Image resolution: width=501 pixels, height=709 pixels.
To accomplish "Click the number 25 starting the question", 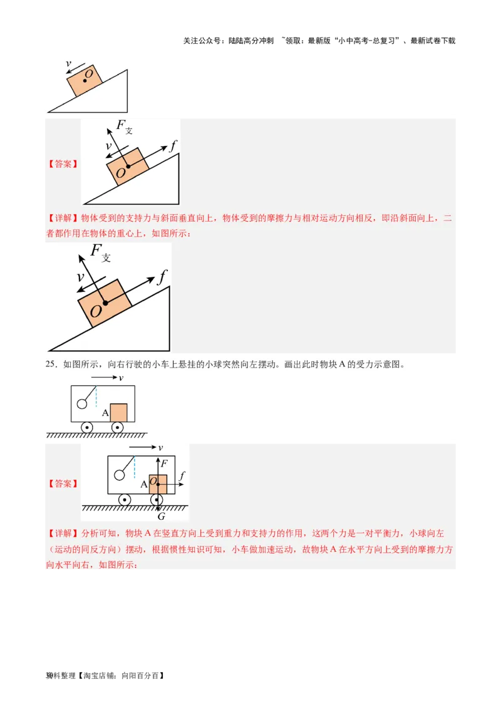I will coord(51,365).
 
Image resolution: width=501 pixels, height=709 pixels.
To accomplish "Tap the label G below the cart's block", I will coord(161,516).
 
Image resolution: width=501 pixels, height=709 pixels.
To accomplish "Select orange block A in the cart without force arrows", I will coord(118,413).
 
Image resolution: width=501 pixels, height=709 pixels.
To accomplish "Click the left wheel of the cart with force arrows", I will coord(125,500).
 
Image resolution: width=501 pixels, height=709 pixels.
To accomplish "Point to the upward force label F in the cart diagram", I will coord(164,464).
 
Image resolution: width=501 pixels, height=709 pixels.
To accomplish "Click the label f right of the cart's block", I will coord(182,476).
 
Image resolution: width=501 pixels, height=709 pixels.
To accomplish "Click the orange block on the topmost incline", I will coord(85,80).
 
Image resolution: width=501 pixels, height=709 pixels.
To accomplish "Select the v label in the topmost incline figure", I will coord(68,63).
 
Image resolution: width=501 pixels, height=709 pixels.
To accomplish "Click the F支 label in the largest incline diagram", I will coord(101,252).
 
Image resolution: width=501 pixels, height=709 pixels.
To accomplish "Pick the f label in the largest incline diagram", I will coord(162,276).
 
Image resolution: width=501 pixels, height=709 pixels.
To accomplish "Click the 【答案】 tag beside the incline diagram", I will coord(63,164).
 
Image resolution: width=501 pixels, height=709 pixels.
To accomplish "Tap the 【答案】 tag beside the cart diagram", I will coord(63,484).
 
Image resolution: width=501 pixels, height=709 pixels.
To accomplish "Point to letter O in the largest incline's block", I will coord(95,311).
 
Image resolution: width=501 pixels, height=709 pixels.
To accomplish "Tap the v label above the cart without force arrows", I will coord(121,378).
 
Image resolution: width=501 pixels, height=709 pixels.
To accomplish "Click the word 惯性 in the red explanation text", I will coord(181,550).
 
